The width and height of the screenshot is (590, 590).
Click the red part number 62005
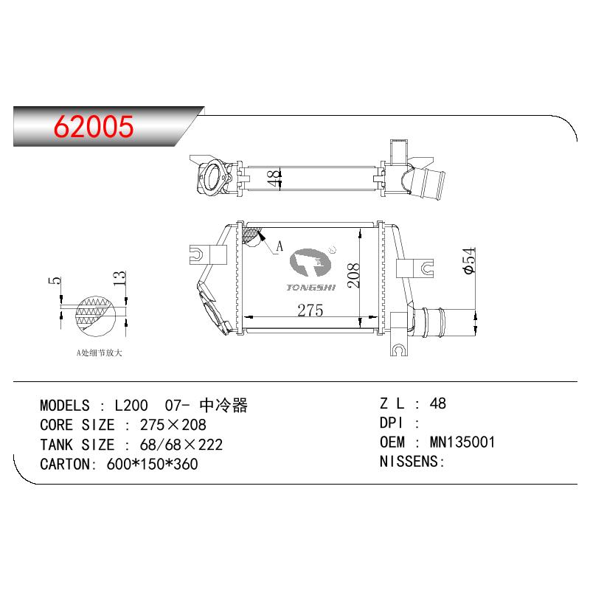[94, 126]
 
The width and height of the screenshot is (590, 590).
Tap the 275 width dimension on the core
[310, 310]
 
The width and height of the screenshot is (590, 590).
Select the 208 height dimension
[353, 275]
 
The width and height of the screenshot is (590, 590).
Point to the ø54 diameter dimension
[470, 261]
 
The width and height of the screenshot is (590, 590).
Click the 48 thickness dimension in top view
[274, 178]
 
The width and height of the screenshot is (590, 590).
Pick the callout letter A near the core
[280, 246]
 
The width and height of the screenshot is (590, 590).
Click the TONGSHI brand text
[310, 288]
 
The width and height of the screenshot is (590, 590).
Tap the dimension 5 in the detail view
[55, 280]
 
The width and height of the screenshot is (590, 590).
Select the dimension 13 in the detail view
[119, 278]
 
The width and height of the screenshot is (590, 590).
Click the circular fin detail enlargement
[95, 316]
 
